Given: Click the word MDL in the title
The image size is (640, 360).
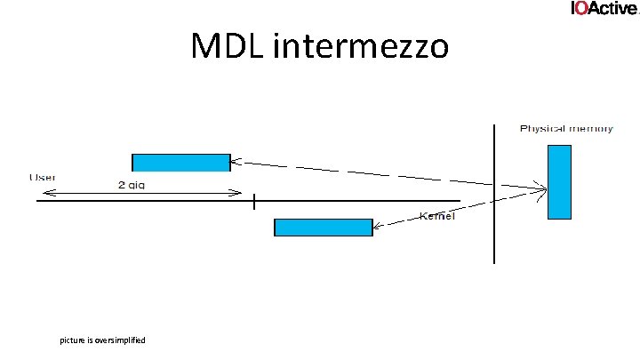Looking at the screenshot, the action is pos(229,46).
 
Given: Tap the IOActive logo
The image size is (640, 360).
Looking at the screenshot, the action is pos(604,8).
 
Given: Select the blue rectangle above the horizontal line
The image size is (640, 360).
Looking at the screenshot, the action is pos(180,162).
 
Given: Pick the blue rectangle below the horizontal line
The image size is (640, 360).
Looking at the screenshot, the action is pos(323,228).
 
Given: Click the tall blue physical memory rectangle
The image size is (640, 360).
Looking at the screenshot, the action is pos(558,181).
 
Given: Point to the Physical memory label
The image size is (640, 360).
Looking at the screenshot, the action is pos(566,129).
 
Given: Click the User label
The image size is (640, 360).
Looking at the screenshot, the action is pos(43,177).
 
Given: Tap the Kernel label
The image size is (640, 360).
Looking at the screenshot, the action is pos(436,216).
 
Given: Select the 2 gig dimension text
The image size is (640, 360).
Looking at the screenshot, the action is pos(132,185).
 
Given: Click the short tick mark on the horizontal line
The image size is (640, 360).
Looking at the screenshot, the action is pos(253,201).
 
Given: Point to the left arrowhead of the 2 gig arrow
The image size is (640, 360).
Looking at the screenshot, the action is pos(42,193).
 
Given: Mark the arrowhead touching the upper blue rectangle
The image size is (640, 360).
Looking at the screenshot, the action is pos(236,162).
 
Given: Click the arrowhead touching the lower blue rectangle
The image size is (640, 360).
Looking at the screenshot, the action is pos(377,228).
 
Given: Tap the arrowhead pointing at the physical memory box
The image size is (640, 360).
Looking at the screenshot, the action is pos(541,188).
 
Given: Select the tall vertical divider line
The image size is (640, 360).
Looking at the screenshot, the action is pos(494,194).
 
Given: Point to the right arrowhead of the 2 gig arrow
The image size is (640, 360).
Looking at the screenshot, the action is pos(240,193).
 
